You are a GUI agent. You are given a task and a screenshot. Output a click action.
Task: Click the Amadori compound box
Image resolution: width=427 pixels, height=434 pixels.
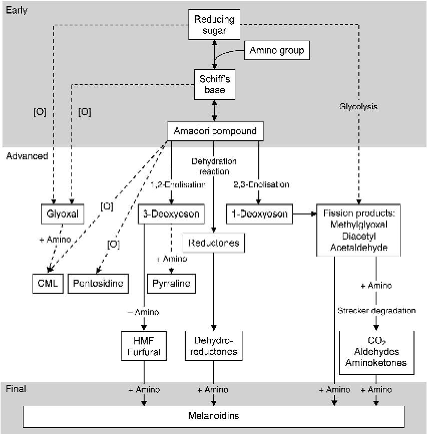(215, 132)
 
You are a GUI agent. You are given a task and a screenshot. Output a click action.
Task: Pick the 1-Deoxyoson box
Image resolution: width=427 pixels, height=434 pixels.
(259, 214)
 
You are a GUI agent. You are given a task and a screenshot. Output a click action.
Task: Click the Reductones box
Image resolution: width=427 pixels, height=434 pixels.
(214, 243)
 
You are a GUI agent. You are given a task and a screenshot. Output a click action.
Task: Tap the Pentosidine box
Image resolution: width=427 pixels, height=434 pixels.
(98, 284)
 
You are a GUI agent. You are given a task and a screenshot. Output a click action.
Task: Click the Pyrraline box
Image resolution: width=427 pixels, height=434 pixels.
(171, 284)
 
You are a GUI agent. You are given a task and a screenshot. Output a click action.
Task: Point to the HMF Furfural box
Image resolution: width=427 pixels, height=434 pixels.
(144, 345)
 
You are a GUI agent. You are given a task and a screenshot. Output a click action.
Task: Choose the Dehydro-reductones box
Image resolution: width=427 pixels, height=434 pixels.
(214, 345)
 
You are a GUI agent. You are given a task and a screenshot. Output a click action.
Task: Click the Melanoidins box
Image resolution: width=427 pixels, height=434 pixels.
(214, 416)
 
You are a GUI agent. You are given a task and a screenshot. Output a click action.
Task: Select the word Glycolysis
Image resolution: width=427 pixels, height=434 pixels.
(358, 107)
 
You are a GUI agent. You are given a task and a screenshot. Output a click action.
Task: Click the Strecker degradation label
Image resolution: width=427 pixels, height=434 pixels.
(376, 310)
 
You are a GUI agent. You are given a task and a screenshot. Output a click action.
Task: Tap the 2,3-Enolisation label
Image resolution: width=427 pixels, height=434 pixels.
(261, 184)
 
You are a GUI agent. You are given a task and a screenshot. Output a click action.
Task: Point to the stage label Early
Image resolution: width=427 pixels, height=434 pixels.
(17, 11)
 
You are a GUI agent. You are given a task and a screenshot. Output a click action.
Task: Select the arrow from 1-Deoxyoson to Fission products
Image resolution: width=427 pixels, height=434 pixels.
(304, 214)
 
